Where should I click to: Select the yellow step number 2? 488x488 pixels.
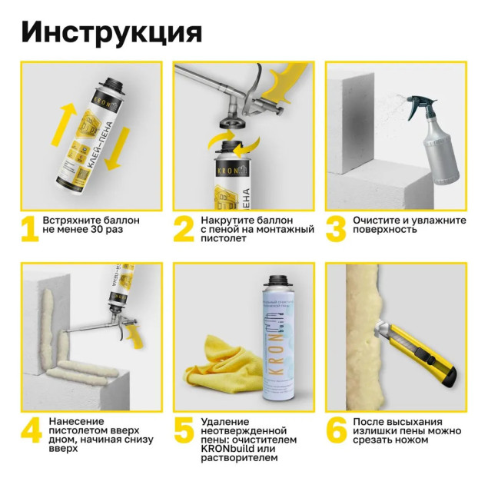click(x=181, y=228)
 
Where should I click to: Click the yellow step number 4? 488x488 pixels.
click(x=30, y=430)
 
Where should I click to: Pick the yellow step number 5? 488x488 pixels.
click(x=183, y=430)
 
